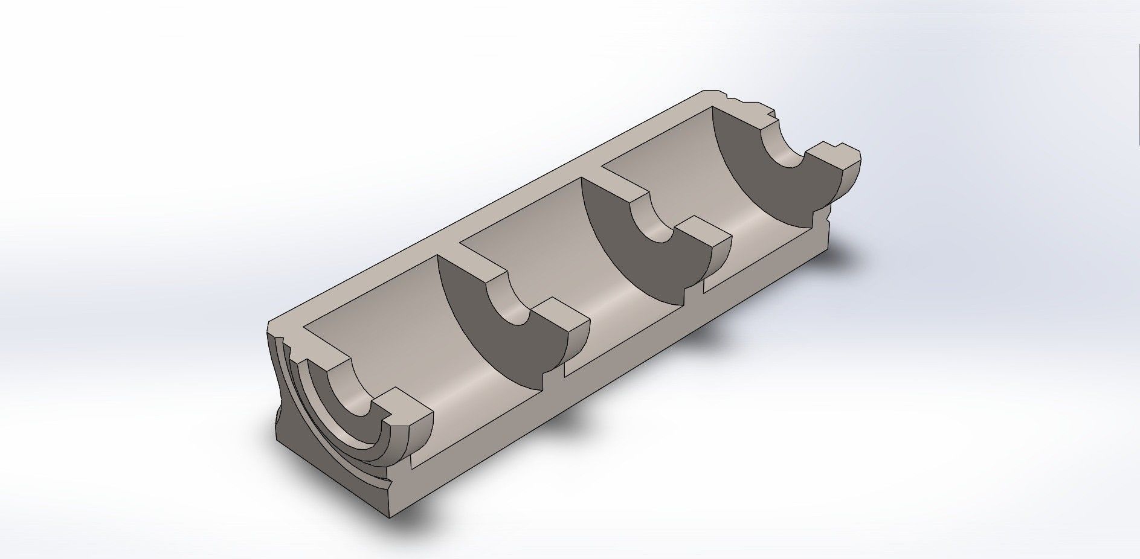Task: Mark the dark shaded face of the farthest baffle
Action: [x=767, y=187]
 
